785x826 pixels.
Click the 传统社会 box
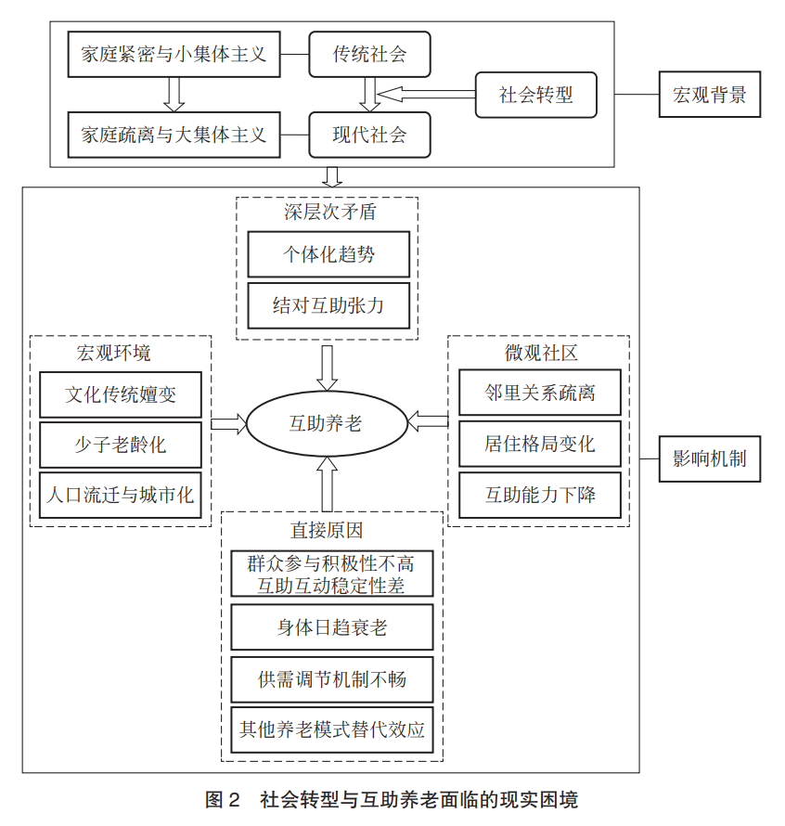click(369, 54)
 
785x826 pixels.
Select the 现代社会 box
click(369, 135)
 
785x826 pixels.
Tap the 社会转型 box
click(535, 95)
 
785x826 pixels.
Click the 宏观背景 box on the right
click(710, 95)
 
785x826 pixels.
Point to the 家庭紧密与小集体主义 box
click(174, 54)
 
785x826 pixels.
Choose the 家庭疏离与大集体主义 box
click(174, 135)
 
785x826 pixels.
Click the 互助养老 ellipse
click(328, 423)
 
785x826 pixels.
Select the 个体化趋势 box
click(328, 254)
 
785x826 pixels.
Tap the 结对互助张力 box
click(328, 305)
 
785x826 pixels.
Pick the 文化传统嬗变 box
click(121, 394)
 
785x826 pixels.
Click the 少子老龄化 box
click(121, 445)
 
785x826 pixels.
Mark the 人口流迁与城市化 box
click(121, 496)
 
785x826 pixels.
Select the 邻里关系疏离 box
click(540, 393)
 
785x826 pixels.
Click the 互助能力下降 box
click(540, 495)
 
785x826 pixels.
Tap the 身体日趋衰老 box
click(332, 626)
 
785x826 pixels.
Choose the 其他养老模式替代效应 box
click(332, 729)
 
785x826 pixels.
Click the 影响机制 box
click(710, 458)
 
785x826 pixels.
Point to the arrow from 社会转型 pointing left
click(427, 95)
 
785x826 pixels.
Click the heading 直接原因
click(327, 530)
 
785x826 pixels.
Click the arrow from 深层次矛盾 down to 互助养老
click(328, 368)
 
